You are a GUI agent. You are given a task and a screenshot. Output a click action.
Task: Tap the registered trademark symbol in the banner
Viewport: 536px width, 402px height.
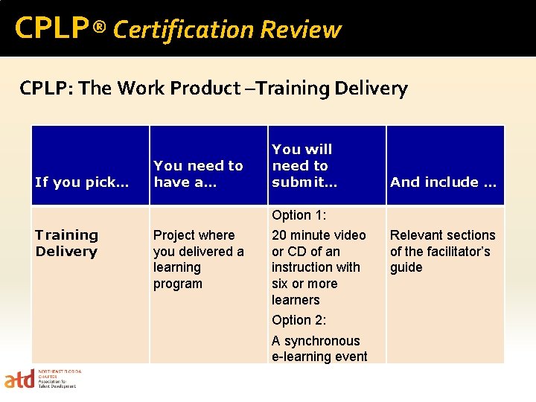pyautogui.click(x=100, y=28)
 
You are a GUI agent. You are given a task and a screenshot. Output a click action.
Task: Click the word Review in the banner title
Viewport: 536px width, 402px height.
pyautogui.click(x=301, y=30)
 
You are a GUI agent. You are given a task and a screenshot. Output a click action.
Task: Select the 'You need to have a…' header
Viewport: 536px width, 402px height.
pyautogui.click(x=198, y=173)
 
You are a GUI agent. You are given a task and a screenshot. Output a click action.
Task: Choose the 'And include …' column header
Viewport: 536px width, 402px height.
pyautogui.click(x=443, y=182)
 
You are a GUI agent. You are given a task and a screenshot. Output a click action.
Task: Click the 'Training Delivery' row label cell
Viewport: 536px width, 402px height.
pyautogui.click(x=66, y=243)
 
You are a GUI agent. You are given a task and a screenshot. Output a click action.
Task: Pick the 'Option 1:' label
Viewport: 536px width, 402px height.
pyautogui.click(x=299, y=215)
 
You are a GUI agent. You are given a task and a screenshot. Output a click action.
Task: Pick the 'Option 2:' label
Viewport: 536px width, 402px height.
pyautogui.click(x=299, y=320)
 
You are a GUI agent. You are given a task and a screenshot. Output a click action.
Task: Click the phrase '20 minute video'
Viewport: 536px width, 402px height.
pyautogui.click(x=319, y=234)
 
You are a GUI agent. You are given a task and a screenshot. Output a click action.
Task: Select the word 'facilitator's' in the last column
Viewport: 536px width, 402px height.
pyautogui.click(x=451, y=251)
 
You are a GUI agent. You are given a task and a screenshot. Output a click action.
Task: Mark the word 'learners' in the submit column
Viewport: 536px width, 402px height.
pyautogui.click(x=296, y=300)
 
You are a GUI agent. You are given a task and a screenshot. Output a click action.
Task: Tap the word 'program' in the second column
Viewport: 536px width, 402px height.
pyautogui.click(x=177, y=284)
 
